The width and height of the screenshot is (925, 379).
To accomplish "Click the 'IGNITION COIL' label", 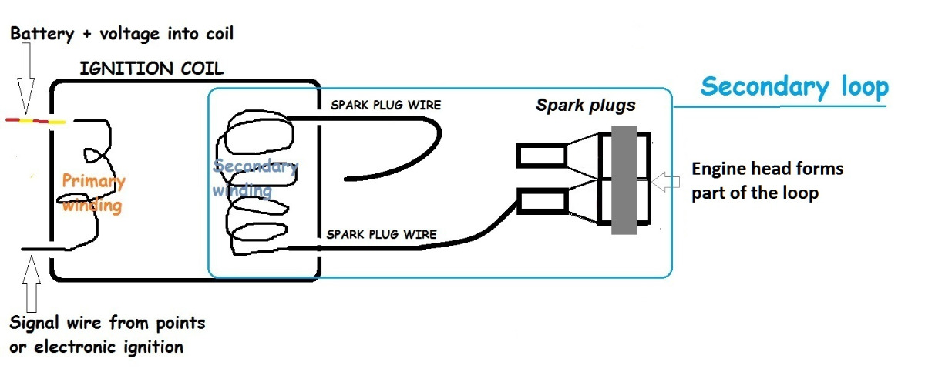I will pos(151,69).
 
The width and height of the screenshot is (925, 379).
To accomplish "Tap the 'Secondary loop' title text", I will pos(795,86).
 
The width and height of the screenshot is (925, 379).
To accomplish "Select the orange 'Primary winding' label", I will pos(93,193).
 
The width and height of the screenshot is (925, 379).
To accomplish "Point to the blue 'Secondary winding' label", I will pos(254,178).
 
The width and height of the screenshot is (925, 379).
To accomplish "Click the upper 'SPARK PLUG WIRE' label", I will pos(385,104).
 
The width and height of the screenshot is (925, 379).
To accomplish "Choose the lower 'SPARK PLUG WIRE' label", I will pos(382,233).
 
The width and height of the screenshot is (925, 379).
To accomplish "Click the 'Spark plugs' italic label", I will pos(586,104).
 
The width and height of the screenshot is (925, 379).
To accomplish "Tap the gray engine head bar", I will pos(624,179).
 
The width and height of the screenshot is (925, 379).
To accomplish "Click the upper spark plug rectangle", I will pos(541,156).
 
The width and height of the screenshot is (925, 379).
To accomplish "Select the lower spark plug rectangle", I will pos(541,203).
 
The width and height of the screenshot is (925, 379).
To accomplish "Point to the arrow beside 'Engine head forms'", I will pos(668,183).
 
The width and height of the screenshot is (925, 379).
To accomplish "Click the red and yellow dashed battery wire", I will pos(35,121).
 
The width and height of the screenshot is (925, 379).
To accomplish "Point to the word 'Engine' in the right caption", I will pos(718,168).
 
